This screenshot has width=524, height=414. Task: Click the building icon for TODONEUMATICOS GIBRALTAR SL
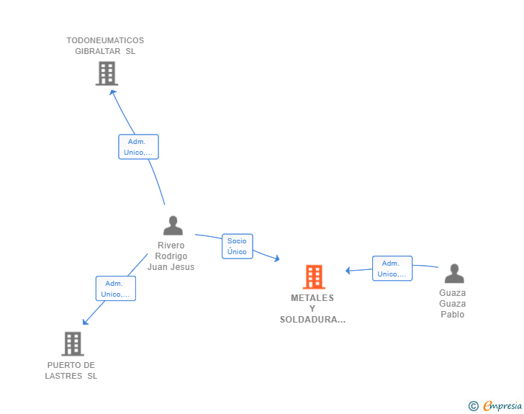point(107,73)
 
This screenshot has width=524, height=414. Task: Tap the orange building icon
point(314,277)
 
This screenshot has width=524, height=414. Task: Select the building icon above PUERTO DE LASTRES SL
point(73,343)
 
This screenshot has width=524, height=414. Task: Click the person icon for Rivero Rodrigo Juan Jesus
point(173,225)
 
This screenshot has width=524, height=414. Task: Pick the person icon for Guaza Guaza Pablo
point(454,274)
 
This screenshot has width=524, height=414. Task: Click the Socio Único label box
point(238,246)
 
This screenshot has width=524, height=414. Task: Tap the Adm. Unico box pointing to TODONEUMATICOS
point(138,147)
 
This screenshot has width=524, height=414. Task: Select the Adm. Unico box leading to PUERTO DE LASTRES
point(116,289)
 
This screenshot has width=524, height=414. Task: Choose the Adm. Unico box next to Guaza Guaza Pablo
point(392,269)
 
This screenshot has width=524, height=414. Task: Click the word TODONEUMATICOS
point(105,40)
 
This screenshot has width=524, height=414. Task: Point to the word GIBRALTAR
point(98,52)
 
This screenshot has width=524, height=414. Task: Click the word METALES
point(312,298)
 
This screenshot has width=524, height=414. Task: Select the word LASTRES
point(63,377)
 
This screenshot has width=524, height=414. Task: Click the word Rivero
point(171,246)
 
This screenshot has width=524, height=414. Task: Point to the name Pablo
point(453,315)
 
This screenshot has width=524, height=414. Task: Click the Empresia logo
point(502,406)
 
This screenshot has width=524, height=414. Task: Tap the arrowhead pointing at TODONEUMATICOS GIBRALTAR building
point(112,92)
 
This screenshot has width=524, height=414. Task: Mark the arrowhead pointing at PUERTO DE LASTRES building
point(85,322)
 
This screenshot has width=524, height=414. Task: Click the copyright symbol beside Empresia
point(474,406)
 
